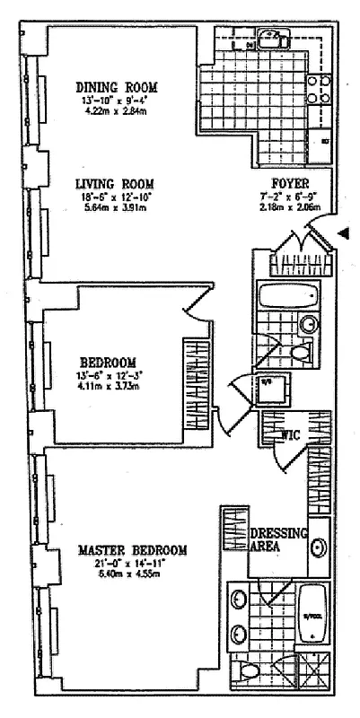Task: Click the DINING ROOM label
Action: (117, 87)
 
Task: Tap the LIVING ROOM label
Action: (117, 183)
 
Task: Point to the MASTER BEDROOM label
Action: (132, 550)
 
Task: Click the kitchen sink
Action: (269, 39)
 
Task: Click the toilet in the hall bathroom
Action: (302, 355)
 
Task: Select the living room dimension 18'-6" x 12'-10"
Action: (117, 195)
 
